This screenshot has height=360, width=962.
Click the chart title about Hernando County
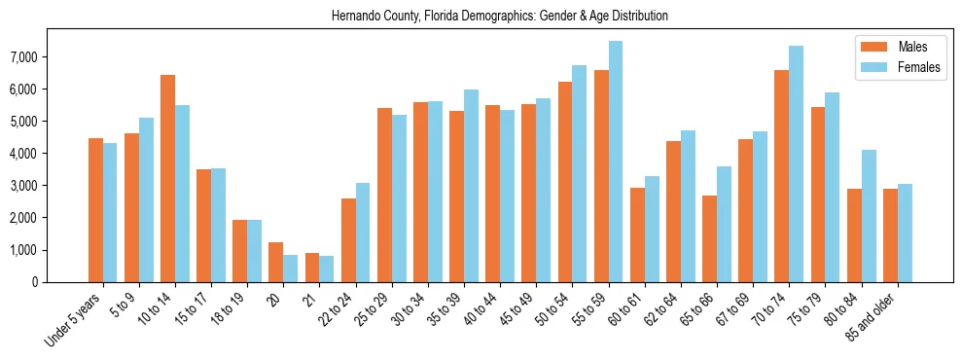(500, 17)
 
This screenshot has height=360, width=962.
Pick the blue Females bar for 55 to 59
(616, 162)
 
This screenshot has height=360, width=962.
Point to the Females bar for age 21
(327, 269)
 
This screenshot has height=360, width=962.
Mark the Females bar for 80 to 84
(868, 216)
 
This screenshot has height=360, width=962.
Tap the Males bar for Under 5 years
(95, 210)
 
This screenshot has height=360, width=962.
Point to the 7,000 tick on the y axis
(23, 57)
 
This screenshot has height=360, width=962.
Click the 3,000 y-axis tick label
(23, 186)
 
